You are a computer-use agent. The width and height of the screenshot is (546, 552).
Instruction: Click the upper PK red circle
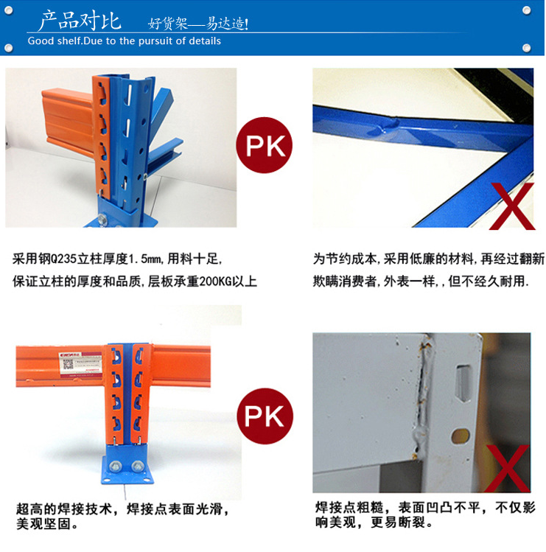pos(264,145)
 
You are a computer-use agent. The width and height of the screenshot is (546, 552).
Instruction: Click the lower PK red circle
pos(265,416)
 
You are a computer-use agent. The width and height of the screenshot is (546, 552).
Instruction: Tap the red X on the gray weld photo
pos(507,468)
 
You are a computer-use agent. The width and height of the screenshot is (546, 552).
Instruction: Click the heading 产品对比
pos(80,20)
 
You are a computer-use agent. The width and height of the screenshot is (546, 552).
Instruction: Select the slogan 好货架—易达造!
pos(197,24)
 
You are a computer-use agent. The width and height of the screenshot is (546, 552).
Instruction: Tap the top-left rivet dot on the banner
pos(9,10)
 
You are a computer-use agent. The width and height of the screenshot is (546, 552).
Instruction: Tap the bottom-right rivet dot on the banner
pos(527,47)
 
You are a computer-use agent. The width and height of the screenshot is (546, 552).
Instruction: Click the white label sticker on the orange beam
pos(81,365)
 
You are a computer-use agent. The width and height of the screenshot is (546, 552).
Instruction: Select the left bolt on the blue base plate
pos(116,467)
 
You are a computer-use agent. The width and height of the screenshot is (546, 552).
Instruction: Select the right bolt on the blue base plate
pos(137,467)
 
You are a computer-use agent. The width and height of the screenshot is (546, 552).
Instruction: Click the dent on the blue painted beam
pos(384,126)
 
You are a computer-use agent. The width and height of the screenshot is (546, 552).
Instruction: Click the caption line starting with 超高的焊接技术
pos(122,509)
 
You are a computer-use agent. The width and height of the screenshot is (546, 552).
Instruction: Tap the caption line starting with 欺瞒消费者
pos(421,282)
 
